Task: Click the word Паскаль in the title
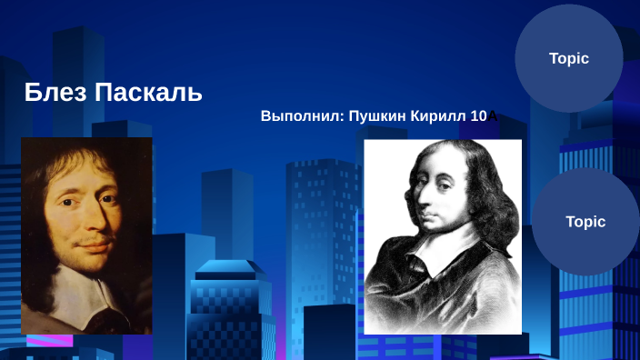(x=148, y=92)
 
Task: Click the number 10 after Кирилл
(x=479, y=116)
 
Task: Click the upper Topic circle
(x=569, y=58)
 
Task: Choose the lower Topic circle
(x=585, y=222)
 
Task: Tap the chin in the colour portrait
(x=95, y=262)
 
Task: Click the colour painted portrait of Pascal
(x=86, y=235)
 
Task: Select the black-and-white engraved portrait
(x=443, y=236)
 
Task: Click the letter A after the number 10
(x=492, y=116)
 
